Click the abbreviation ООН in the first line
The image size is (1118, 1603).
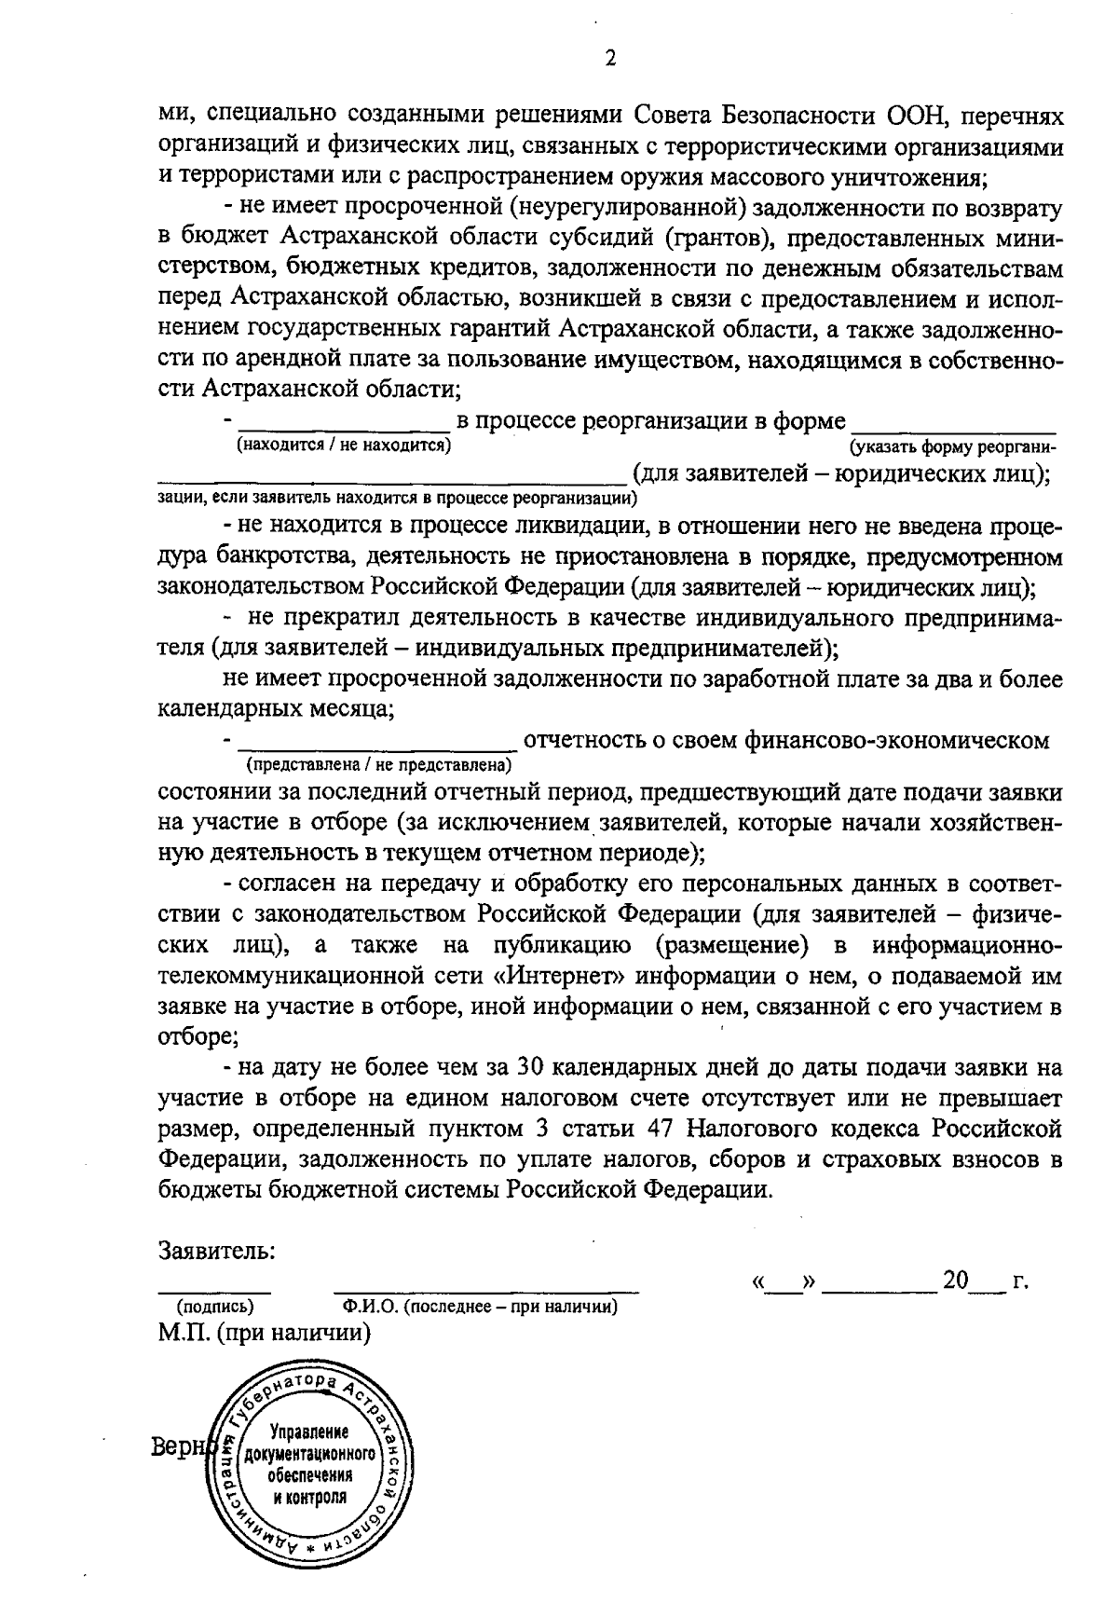click(x=914, y=116)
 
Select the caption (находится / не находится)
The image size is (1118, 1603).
click(x=344, y=445)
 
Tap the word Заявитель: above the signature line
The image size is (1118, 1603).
click(x=217, y=1250)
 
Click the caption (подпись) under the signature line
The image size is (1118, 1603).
click(x=215, y=1307)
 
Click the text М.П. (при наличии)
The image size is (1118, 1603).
click(x=265, y=1333)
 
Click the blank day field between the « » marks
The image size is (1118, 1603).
click(x=784, y=1283)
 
